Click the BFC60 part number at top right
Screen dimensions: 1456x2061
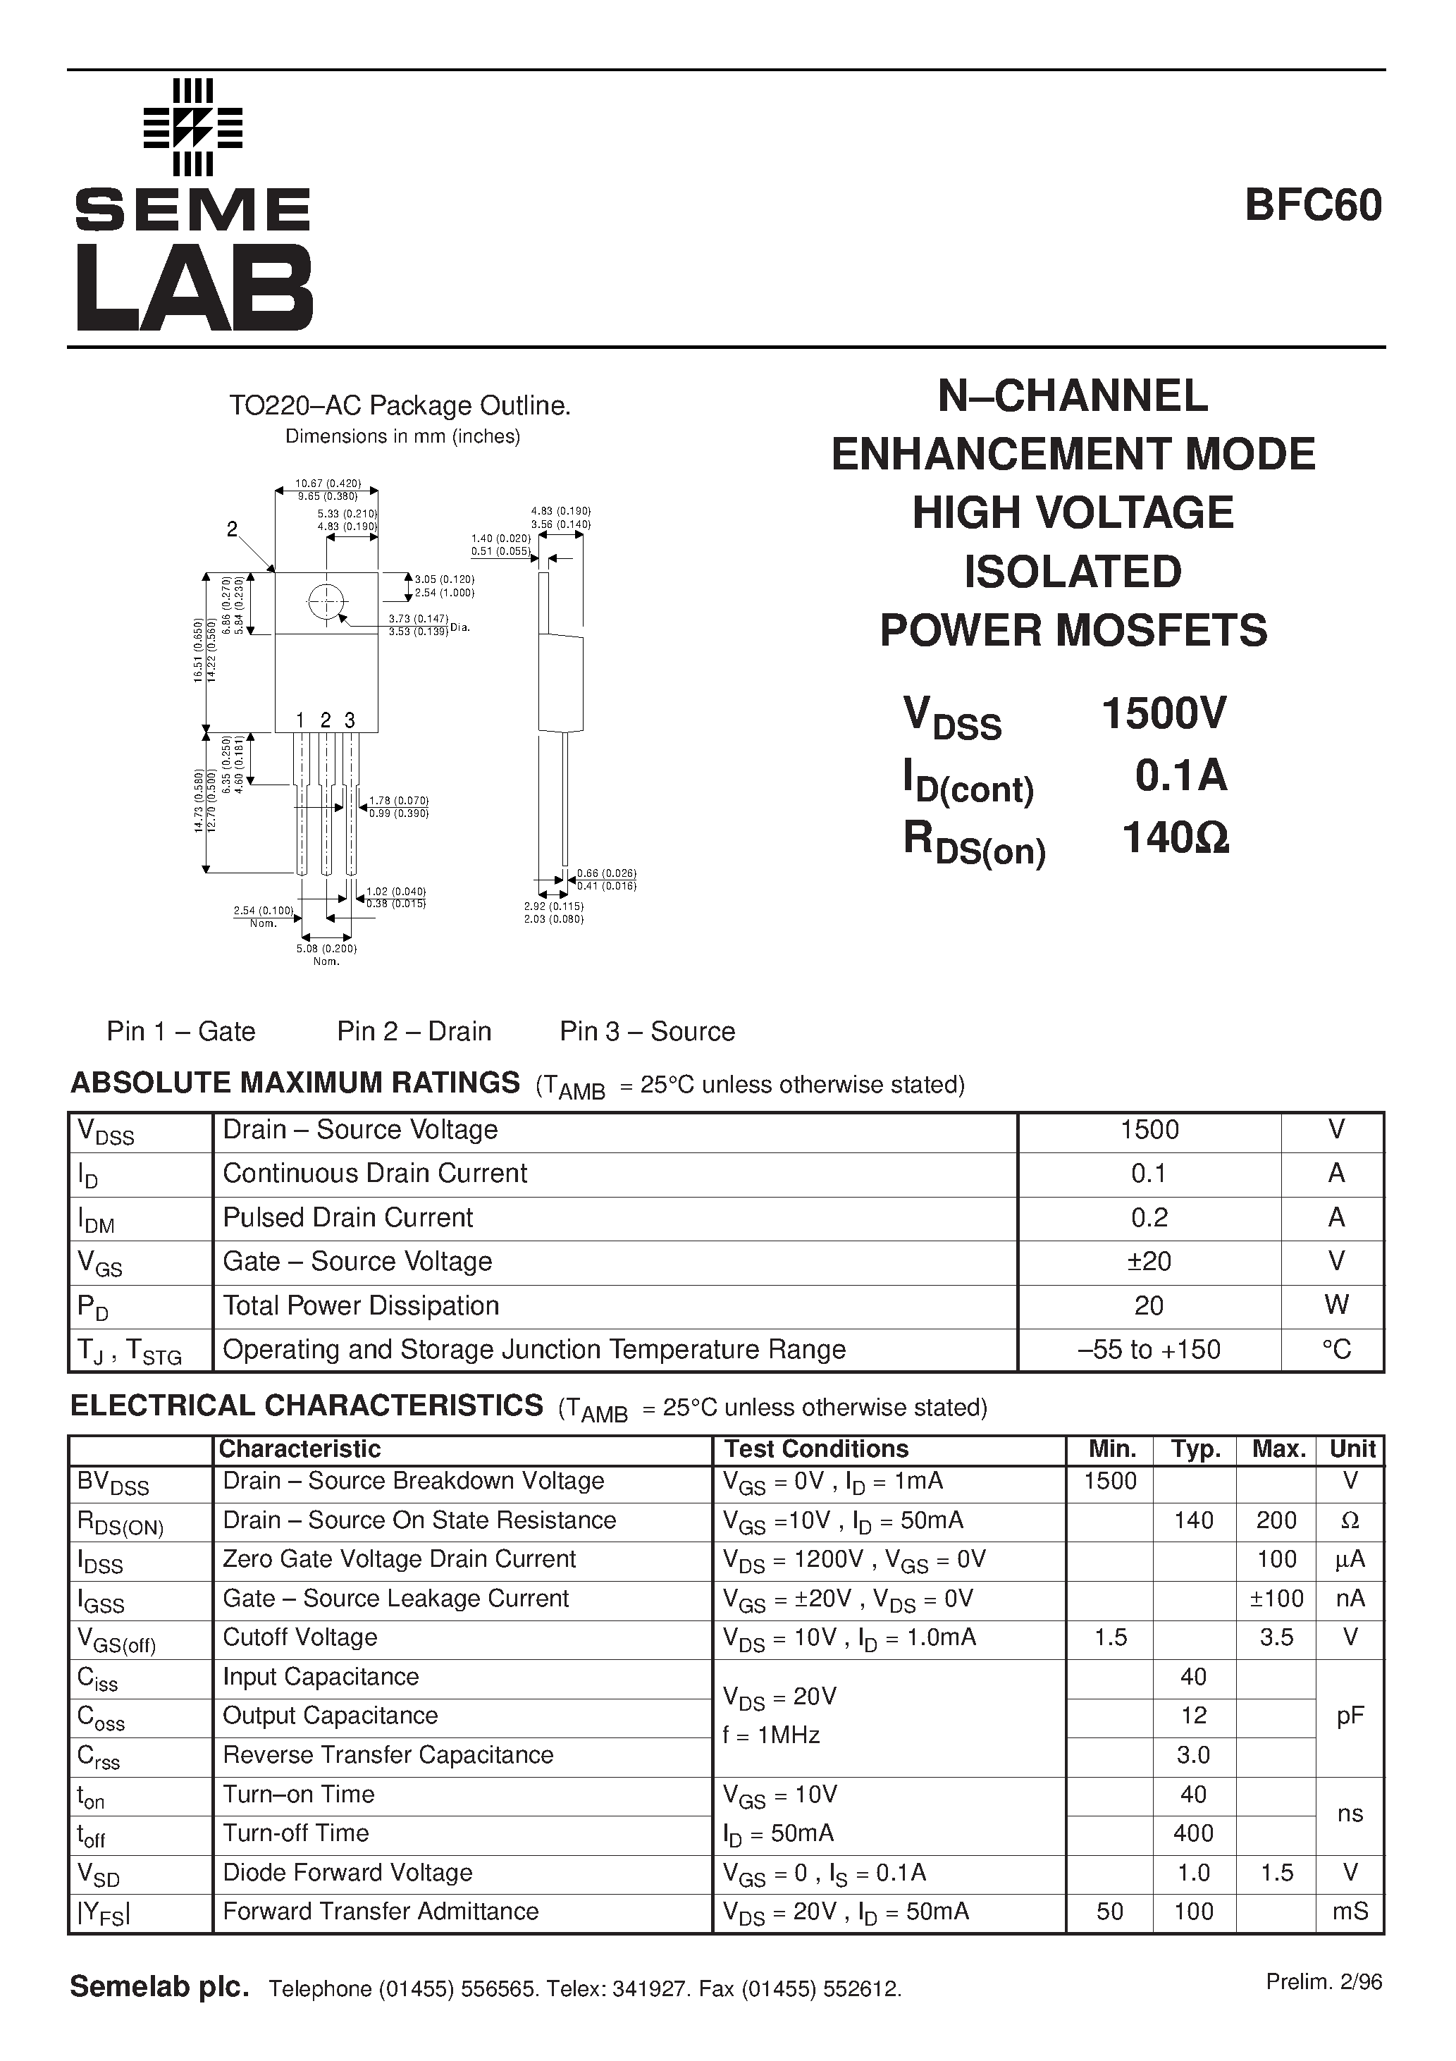point(1312,206)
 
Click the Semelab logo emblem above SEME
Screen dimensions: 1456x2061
point(193,127)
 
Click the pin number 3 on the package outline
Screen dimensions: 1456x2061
point(350,720)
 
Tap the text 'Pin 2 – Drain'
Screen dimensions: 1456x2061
point(414,1031)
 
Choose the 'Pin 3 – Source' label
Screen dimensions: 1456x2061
point(647,1031)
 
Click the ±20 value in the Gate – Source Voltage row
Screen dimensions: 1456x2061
point(1149,1261)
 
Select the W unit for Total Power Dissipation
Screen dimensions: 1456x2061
point(1335,1305)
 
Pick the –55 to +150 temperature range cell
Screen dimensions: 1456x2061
point(1149,1349)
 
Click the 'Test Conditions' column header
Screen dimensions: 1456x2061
point(816,1448)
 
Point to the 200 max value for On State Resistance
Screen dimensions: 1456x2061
point(1276,1520)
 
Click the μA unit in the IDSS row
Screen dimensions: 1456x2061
point(1349,1558)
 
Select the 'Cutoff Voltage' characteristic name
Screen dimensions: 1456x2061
point(300,1637)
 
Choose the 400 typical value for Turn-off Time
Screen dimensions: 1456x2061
point(1193,1833)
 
